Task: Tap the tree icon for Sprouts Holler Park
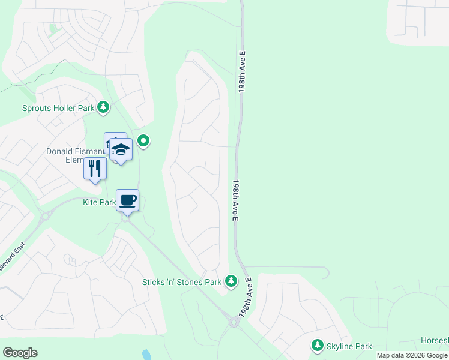(104, 107)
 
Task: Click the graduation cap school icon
(121, 150)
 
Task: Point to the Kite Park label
(99, 203)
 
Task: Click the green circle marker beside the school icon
(143, 142)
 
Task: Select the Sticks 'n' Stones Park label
(182, 282)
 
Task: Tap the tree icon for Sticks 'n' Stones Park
(231, 281)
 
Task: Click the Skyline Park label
(349, 346)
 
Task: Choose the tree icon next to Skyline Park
(317, 346)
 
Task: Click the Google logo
(20, 353)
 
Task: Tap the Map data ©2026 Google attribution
(412, 355)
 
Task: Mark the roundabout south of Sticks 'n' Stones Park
(234, 323)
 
